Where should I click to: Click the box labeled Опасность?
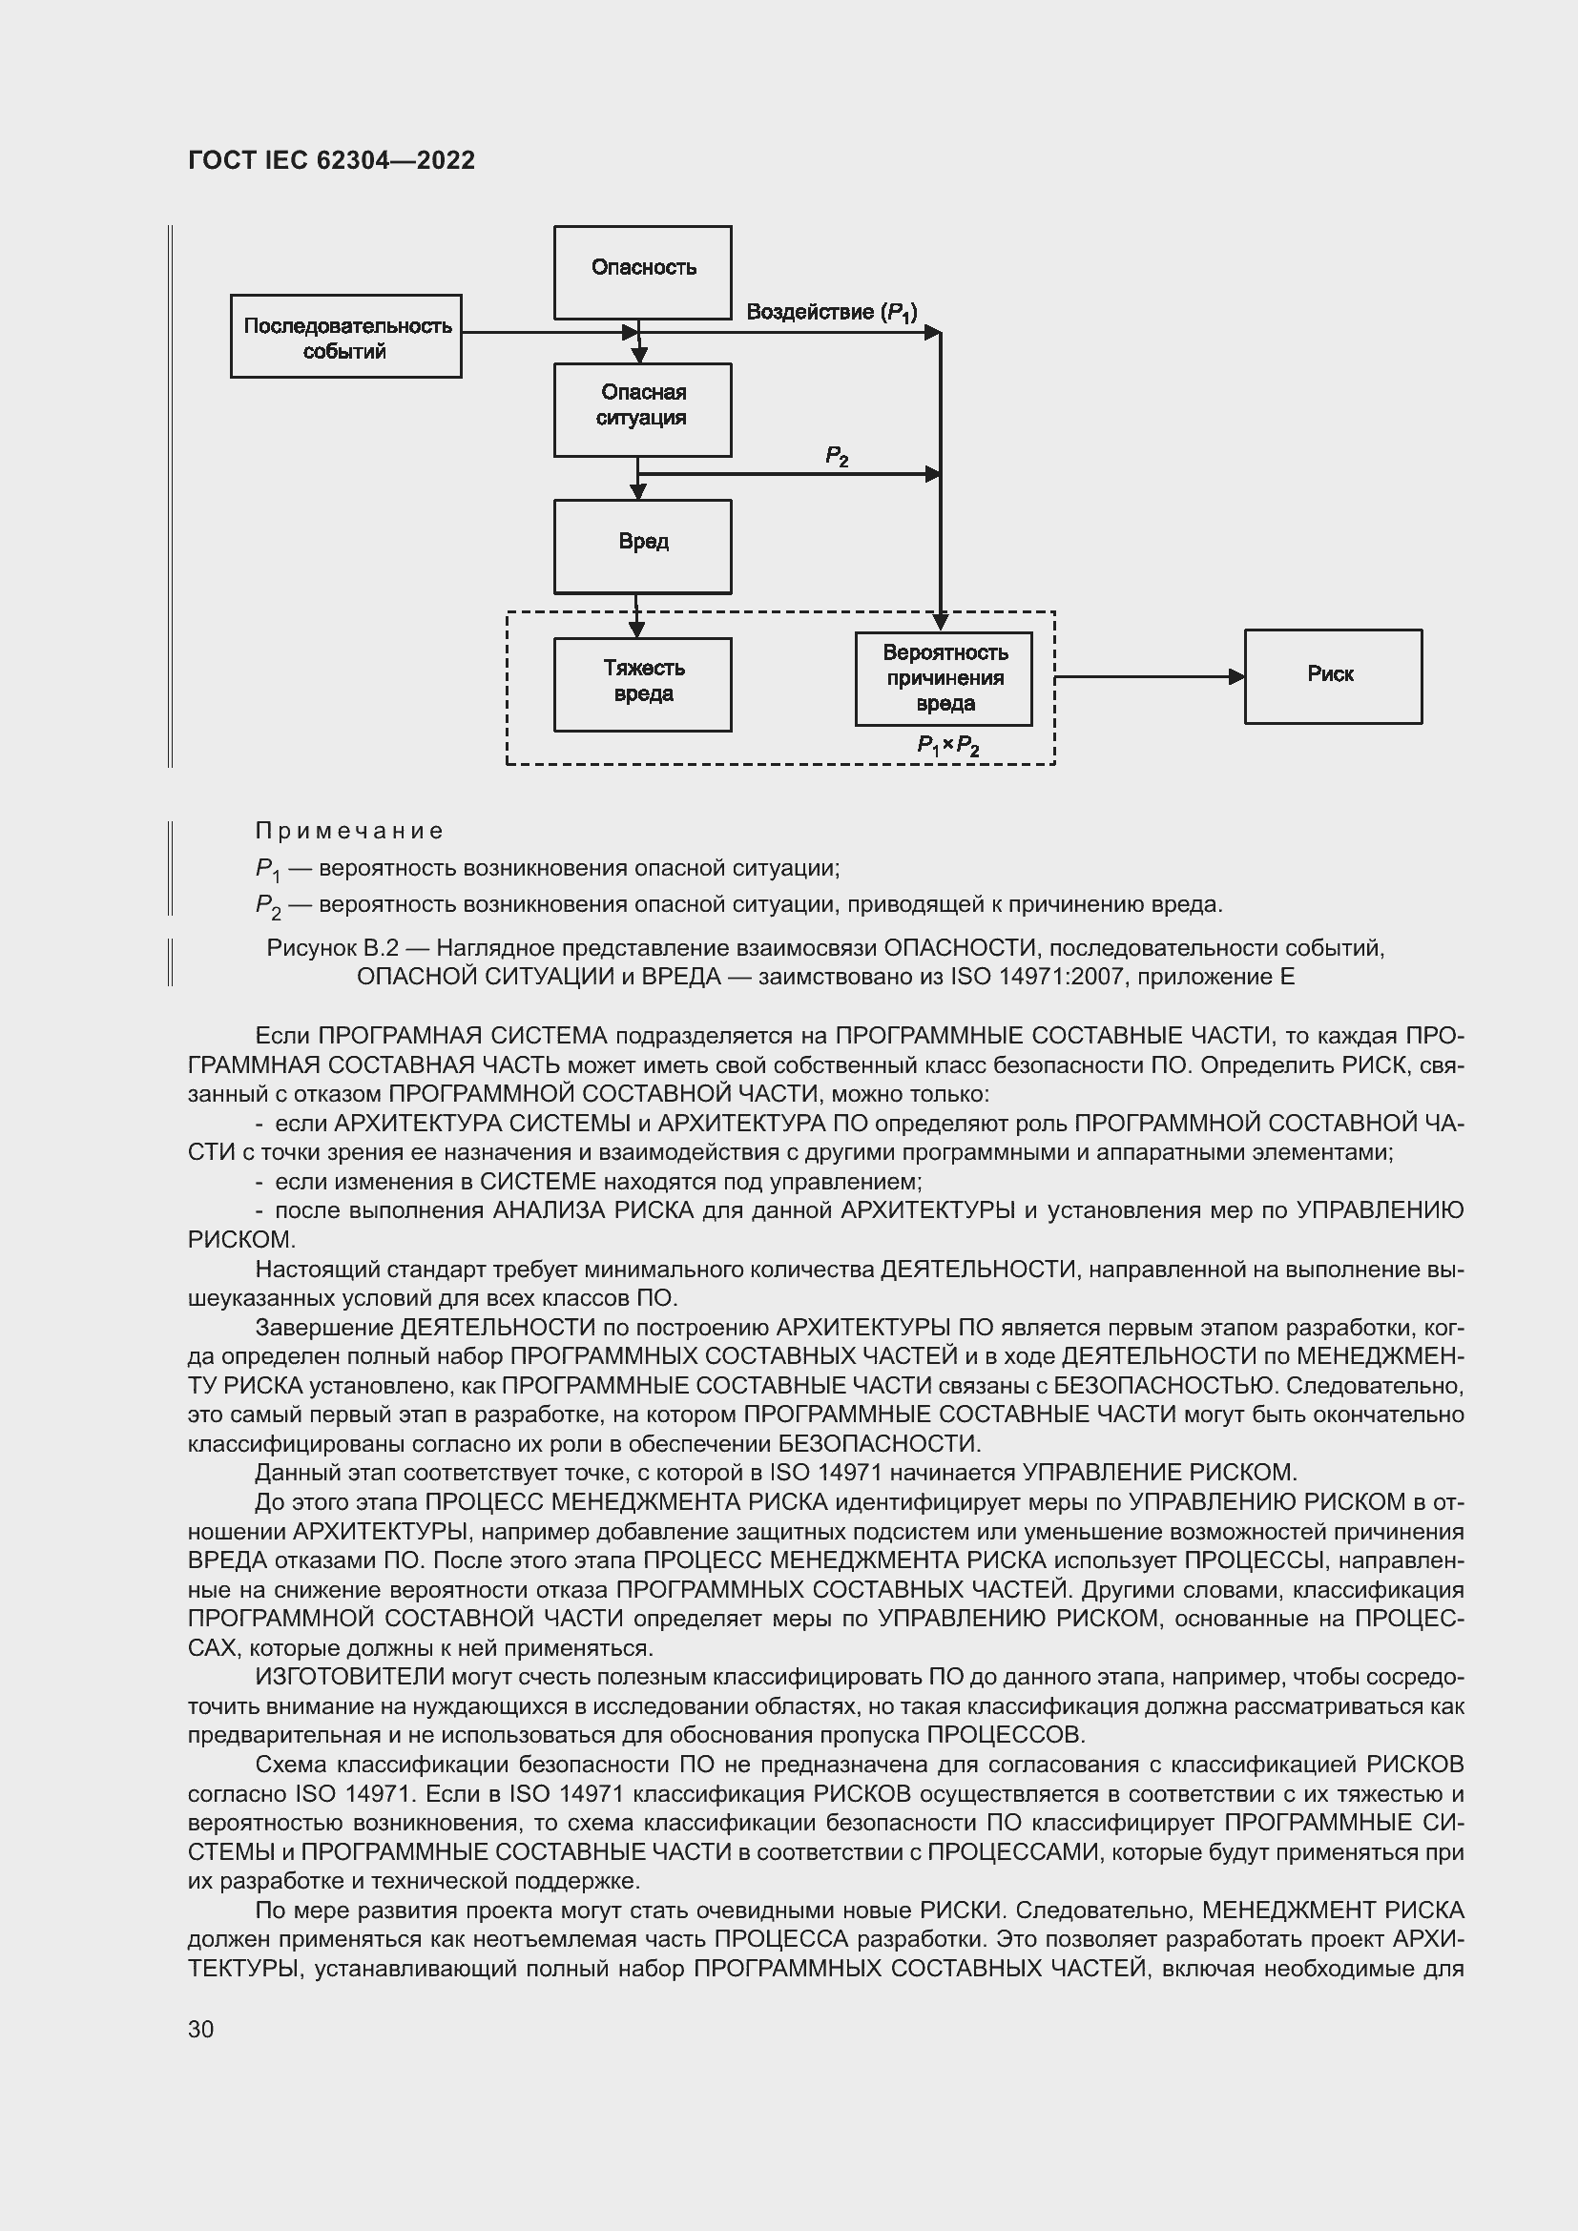pyautogui.click(x=642, y=272)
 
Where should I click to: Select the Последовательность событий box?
pyautogui.click(x=346, y=336)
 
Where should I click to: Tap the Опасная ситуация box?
pyautogui.click(x=642, y=409)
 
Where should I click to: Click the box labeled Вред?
pyautogui.click(x=642, y=547)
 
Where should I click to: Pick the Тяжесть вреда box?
pyautogui.click(x=642, y=684)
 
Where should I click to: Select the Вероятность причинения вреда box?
pyautogui.click(x=944, y=678)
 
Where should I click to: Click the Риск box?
pyautogui.click(x=1332, y=676)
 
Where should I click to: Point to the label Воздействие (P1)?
pyautogui.click(x=831, y=312)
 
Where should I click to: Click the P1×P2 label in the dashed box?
pyautogui.click(x=947, y=745)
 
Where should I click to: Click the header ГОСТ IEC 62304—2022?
pyautogui.click(x=331, y=160)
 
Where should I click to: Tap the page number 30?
pyautogui.click(x=201, y=2029)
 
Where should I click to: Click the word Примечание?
pyautogui.click(x=349, y=831)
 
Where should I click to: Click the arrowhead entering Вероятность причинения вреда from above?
pyautogui.click(x=940, y=621)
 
